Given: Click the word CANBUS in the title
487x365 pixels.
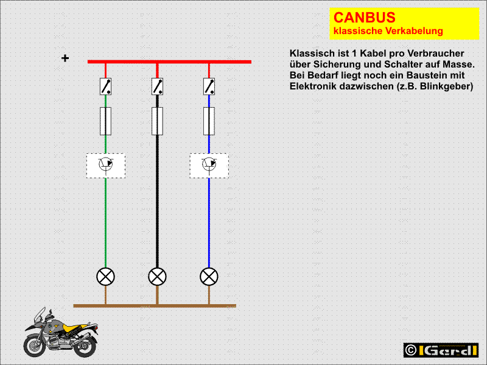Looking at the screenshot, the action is [364, 18].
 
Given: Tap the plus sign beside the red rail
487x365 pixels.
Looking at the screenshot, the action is [65, 58].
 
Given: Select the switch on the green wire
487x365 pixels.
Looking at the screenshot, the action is [105, 86].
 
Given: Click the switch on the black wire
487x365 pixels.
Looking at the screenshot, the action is [157, 86].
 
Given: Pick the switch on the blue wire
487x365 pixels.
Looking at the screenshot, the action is [209, 86].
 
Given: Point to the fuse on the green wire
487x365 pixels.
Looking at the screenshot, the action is [105, 121].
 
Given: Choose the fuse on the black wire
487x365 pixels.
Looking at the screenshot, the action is [157, 121].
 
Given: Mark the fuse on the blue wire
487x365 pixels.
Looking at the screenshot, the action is [209, 121].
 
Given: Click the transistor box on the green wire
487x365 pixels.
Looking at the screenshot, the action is [106, 165].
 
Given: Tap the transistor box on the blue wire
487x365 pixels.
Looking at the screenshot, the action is [209, 165].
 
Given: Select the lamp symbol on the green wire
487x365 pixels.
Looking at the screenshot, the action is [105, 277].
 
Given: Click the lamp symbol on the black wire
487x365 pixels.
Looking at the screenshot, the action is [157, 277].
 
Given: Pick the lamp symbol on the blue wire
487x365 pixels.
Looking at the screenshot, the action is [209, 277].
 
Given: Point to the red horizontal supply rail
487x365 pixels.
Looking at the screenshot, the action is [169, 62].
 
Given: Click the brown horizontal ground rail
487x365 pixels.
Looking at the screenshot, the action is [155, 306].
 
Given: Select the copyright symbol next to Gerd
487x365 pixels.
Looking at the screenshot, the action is [411, 350].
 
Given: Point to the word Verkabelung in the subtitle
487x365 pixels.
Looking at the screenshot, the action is [415, 31].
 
